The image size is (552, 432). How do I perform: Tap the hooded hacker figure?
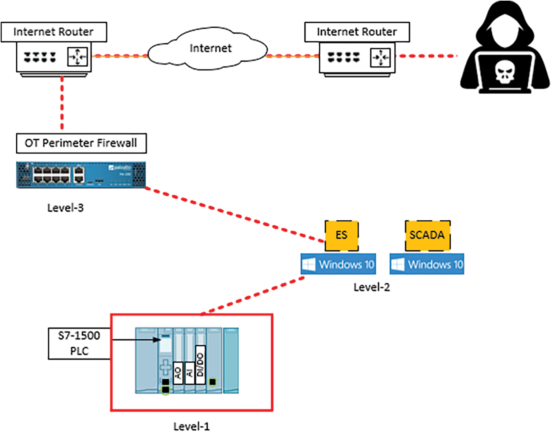point(505,50)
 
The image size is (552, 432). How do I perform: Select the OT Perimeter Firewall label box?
point(81,143)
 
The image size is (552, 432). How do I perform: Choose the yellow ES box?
point(341,235)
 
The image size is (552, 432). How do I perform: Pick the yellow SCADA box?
point(428,235)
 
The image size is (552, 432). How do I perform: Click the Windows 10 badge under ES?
point(338,264)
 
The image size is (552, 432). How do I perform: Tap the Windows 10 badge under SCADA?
point(427,264)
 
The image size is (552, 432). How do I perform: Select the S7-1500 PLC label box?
point(79,344)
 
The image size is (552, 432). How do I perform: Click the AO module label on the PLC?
point(178,373)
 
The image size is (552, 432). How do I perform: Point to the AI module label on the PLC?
point(190,373)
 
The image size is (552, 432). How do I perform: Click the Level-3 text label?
point(65,208)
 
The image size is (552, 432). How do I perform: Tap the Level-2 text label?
point(371,287)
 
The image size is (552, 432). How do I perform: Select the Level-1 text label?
point(192,426)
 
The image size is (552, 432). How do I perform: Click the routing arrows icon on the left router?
point(77,57)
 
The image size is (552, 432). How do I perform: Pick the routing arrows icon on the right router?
point(380,57)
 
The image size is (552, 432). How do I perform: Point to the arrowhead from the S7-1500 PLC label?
point(157,340)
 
